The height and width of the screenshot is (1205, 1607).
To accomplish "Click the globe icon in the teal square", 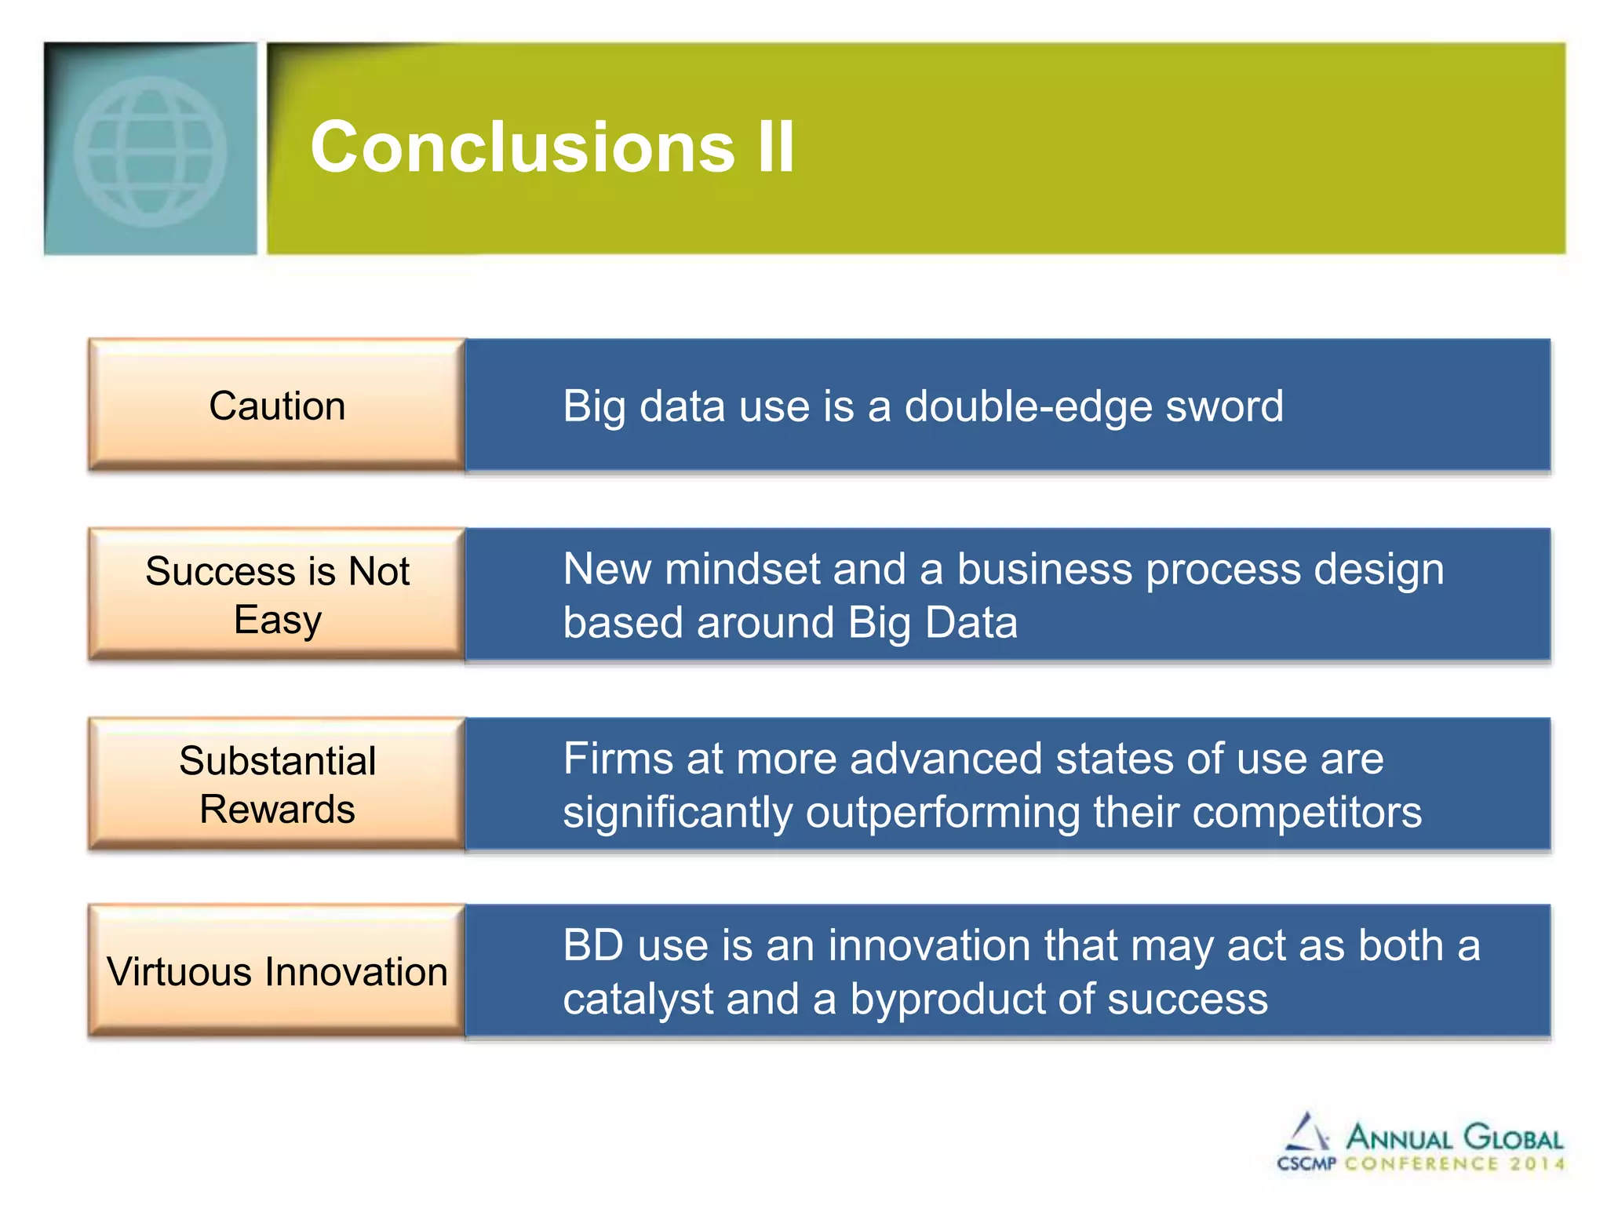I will point(150,151).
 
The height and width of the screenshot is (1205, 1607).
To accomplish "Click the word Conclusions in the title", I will point(523,147).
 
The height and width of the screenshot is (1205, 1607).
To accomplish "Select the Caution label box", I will point(277,406).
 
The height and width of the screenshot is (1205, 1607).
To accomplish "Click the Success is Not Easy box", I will point(277,595).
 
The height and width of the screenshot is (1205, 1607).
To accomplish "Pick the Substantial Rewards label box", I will point(277,785).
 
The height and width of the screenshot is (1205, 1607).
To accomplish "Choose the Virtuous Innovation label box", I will point(277,971).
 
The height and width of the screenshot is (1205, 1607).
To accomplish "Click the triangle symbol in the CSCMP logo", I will point(1306,1133).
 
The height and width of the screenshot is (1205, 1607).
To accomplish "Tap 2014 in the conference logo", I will point(1537,1164).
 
